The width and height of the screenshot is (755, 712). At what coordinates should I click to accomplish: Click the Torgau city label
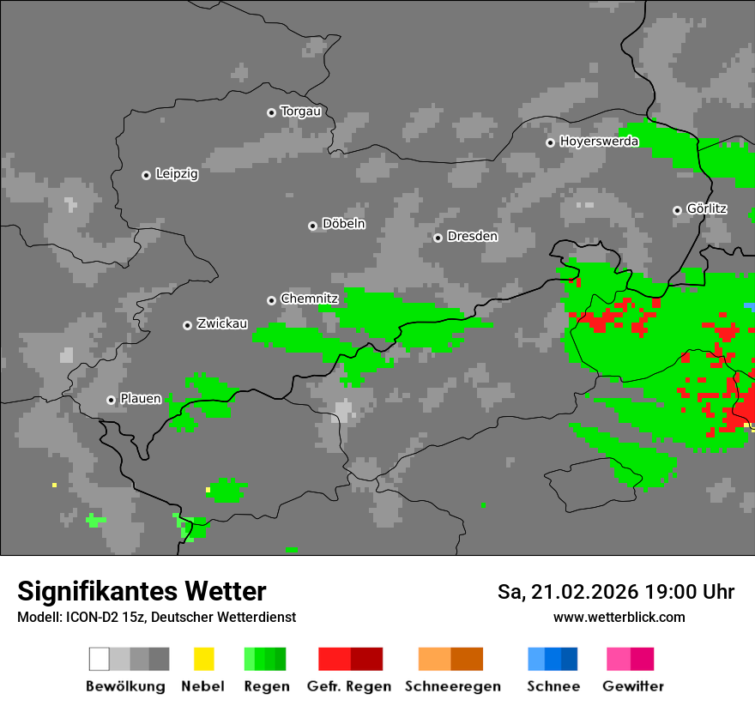point(300,112)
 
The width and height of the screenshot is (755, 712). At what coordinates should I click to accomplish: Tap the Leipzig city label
point(177,174)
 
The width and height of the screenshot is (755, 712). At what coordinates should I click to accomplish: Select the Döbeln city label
point(343,224)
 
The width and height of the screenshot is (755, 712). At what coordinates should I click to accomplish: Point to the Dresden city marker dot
point(438,238)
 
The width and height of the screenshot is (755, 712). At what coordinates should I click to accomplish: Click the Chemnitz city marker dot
point(272,300)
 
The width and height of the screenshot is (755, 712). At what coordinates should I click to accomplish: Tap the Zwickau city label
point(222,324)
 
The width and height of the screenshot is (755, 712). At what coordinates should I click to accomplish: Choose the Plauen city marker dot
point(111,400)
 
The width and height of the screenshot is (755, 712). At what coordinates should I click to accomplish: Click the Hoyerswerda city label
point(599,142)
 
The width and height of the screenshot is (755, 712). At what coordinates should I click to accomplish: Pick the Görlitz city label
point(707,209)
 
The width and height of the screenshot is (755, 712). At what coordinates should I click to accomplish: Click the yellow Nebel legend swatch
point(203,659)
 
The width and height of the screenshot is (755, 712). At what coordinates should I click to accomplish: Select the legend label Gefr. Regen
point(349,686)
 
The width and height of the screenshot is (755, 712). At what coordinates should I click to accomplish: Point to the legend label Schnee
point(553,686)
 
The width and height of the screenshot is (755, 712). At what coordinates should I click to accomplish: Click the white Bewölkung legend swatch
point(100,659)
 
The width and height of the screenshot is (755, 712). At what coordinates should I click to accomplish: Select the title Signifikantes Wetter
point(142,591)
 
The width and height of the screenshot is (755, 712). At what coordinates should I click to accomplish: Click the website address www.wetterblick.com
point(619,618)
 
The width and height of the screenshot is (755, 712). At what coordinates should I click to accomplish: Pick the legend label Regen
point(265,686)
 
